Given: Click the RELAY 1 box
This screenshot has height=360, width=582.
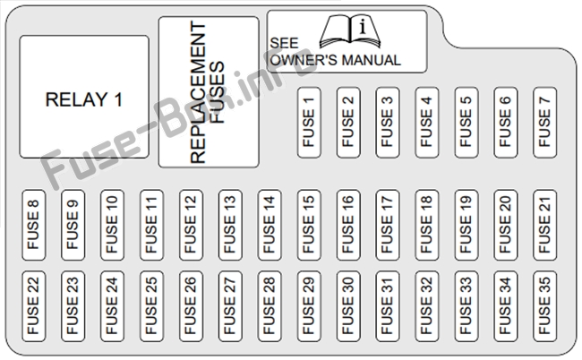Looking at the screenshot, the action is (x=84, y=97).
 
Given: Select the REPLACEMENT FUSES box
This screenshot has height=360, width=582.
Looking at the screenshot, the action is (x=209, y=92).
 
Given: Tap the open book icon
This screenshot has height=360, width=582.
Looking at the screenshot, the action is (x=350, y=31).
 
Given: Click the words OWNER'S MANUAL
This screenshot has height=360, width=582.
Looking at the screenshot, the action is (x=335, y=60).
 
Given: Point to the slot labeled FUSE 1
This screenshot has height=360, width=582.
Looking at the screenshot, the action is (x=309, y=123).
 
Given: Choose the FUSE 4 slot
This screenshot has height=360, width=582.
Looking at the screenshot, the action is (x=427, y=123).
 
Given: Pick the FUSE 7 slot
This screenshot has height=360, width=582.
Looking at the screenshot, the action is (x=545, y=123).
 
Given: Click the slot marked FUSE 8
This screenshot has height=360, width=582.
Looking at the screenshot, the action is (x=34, y=225).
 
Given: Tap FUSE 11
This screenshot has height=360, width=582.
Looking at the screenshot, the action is (x=152, y=225).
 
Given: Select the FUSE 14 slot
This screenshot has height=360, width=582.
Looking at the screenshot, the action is (x=270, y=225).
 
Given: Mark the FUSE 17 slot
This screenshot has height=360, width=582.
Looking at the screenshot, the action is (x=388, y=225).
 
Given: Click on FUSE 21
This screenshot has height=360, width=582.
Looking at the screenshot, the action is (x=545, y=225).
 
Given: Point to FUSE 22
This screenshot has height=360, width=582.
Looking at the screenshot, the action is (x=34, y=306).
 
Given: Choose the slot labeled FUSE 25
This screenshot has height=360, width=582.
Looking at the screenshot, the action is (x=152, y=306).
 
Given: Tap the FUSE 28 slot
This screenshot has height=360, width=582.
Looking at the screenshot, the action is (x=270, y=306).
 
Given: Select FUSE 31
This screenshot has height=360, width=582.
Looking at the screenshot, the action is (x=388, y=306).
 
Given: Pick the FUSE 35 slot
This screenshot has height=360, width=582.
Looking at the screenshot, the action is (x=545, y=306).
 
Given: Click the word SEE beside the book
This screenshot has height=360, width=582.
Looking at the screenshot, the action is (x=284, y=43).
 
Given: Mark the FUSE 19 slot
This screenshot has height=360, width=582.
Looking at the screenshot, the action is (x=466, y=225).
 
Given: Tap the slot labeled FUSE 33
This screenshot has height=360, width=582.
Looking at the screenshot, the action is (x=466, y=306).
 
